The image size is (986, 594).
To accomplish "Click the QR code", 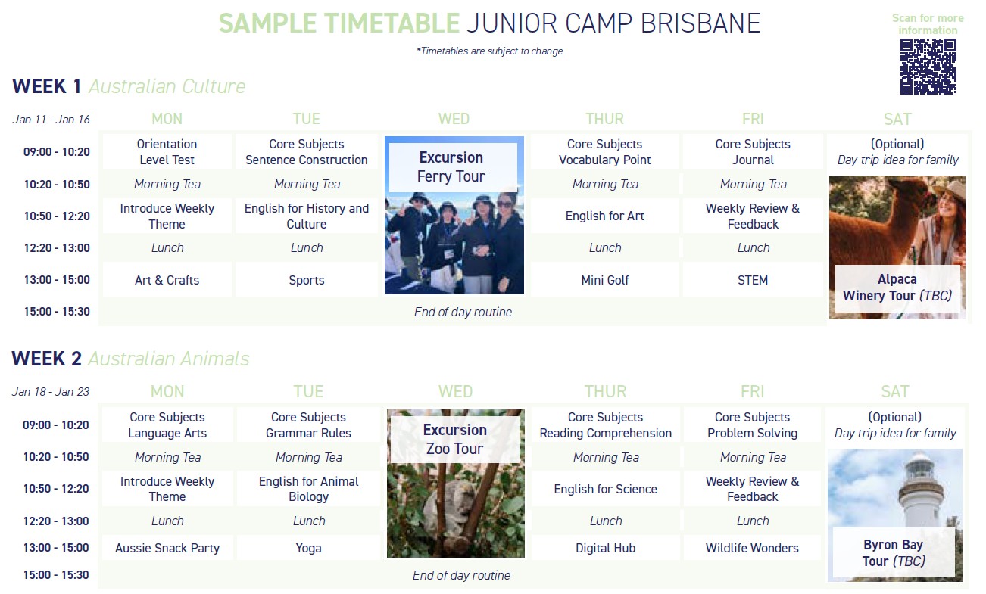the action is click(928, 67).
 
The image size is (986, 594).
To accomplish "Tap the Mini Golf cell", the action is click(605, 280).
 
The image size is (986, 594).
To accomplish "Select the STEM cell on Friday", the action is click(753, 280).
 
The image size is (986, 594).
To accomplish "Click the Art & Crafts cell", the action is click(167, 280).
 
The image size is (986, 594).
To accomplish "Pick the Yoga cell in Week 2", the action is click(308, 548).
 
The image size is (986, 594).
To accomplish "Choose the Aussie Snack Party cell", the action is click(167, 548).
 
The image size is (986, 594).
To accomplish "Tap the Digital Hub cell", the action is click(605, 548).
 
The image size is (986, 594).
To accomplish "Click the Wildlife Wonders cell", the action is click(752, 548).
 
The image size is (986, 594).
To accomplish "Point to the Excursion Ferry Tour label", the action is click(451, 167).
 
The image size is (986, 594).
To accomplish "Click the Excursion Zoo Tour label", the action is click(454, 439).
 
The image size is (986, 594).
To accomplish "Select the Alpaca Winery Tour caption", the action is click(897, 288).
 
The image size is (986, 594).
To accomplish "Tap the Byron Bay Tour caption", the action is click(894, 552).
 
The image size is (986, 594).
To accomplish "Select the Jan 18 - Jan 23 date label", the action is click(51, 392).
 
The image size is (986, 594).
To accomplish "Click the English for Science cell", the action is click(605, 489).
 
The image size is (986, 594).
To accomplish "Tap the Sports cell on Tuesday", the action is click(307, 280).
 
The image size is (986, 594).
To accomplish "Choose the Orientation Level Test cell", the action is click(167, 151).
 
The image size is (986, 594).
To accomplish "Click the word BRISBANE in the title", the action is click(700, 23).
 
